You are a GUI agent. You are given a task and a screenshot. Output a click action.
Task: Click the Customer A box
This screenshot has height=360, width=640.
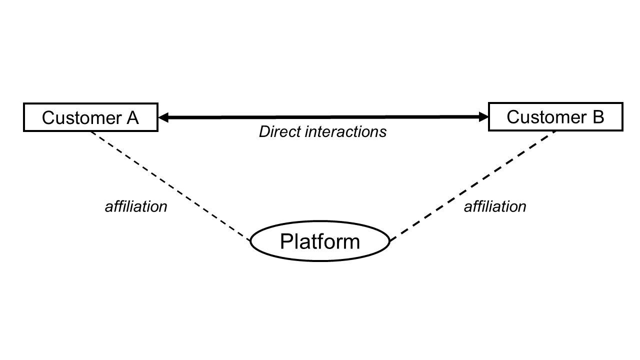(90, 117)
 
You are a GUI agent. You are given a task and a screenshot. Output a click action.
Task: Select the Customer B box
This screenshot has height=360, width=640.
(555, 116)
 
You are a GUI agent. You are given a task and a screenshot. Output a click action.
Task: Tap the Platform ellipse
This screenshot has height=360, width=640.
(319, 241)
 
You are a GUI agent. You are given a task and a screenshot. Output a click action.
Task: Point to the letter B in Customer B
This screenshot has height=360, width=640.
(598, 117)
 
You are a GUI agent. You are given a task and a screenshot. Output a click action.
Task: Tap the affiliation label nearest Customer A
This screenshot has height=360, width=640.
(135, 206)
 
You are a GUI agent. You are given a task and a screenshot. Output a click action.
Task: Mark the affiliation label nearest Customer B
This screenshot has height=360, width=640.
(494, 206)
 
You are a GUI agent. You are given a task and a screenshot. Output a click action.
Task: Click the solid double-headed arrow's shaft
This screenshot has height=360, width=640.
(323, 117)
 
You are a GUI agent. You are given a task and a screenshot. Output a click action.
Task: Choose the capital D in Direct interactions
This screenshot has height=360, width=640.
(264, 131)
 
